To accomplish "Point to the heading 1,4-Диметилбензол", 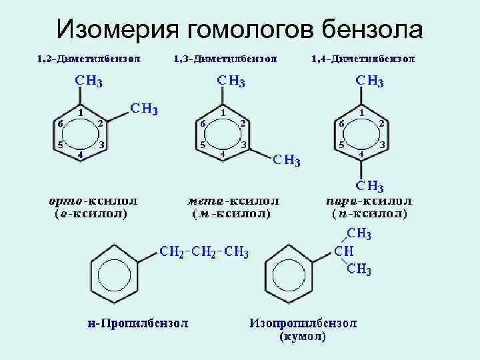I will pos(363,59).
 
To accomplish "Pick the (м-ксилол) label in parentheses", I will pos(231,214).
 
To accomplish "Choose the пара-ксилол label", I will pos(369,201).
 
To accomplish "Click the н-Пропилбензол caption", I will pos(138,324).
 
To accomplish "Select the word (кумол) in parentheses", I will pos(302,337).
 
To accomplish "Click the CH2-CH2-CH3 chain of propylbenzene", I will pos(204,253).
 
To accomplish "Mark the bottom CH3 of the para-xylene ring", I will pos(369,185).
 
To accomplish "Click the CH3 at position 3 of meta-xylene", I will pos(287,161).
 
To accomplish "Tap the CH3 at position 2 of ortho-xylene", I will pos(144,109).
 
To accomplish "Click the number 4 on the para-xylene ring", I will pos(361,154).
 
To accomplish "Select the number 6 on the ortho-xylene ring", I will pos(59,123).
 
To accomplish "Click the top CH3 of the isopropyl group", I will pos(359,235).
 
